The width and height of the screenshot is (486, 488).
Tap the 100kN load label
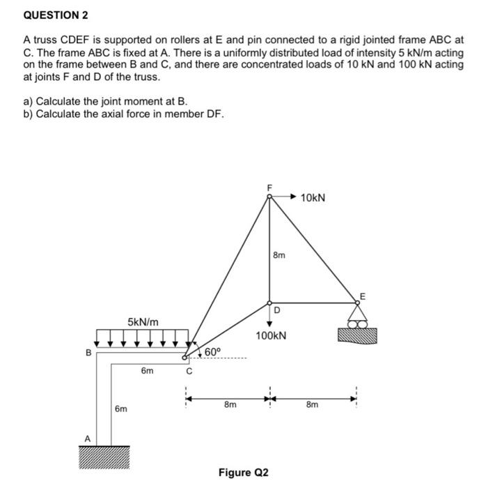tap(271, 336)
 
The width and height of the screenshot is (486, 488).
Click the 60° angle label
tap(212, 351)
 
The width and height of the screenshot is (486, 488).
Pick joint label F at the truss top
tap(270, 187)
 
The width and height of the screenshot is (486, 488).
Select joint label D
tap(276, 310)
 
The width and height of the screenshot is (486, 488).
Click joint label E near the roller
tap(361, 297)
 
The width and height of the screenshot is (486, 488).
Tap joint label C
tap(187, 372)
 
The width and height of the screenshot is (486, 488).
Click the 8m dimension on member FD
tap(279, 256)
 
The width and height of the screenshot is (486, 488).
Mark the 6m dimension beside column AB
tap(121, 409)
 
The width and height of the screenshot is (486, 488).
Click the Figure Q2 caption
tap(243, 473)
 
